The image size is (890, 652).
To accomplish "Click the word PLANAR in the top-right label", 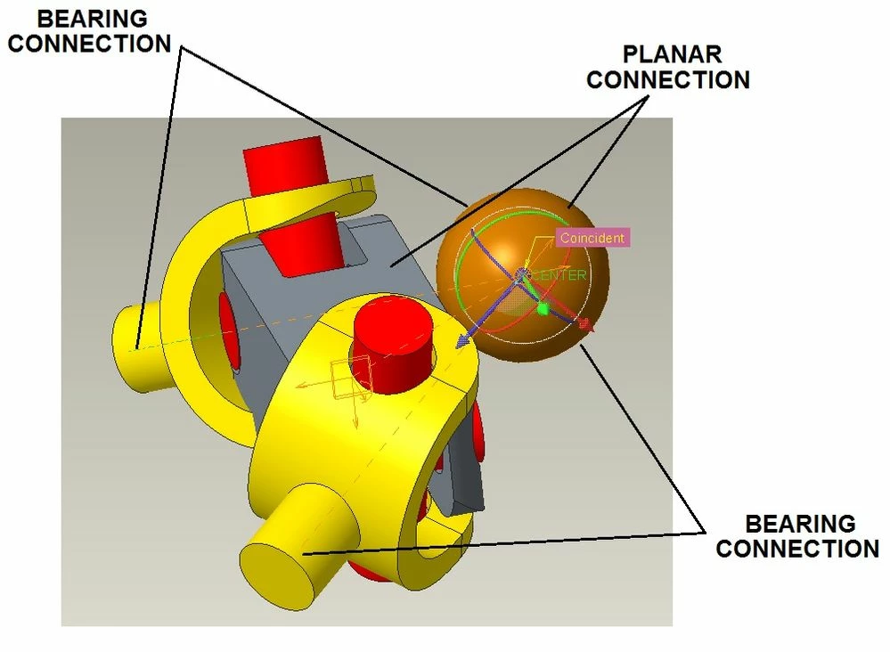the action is (x=672, y=54).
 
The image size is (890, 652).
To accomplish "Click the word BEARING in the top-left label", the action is (x=92, y=19).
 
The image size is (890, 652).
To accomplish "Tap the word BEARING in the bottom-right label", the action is (x=800, y=523).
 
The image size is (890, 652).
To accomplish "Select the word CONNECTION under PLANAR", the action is (x=668, y=79).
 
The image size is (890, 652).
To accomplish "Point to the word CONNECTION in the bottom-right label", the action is (x=797, y=548).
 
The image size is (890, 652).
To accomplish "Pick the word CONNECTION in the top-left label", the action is (x=90, y=44).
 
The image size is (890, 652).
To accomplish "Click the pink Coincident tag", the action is (x=592, y=238).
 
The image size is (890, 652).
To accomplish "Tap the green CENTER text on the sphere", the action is (x=559, y=275).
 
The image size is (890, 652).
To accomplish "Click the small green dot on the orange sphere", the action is (x=543, y=309).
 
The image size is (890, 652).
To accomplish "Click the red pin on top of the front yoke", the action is (x=393, y=348).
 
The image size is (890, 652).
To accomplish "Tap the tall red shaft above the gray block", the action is (x=292, y=204).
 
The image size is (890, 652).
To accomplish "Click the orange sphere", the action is (x=523, y=276).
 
